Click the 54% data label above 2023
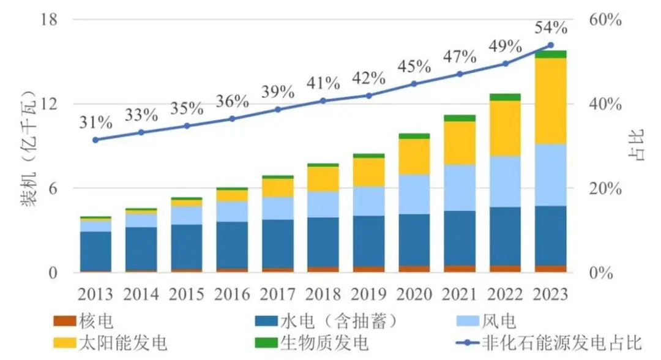[550, 28]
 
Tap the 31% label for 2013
[95, 122]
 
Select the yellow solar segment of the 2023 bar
[550, 101]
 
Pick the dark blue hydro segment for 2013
[95, 251]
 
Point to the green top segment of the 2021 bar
[460, 118]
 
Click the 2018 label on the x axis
[323, 294]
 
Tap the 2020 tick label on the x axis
[414, 294]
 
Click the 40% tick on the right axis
[606, 104]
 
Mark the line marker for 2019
[368, 96]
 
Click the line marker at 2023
[550, 45]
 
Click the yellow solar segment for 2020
[414, 157]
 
